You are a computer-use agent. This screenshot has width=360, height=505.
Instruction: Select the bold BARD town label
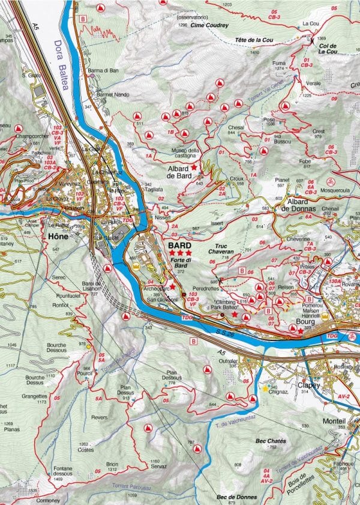click(x=179, y=246)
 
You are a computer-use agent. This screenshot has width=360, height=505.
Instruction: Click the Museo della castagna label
click(x=185, y=153)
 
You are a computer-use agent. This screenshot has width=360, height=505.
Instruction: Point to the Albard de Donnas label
click(x=305, y=205)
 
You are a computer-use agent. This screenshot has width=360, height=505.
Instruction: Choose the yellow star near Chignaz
click(x=265, y=389)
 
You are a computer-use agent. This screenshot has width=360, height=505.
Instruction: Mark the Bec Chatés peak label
click(x=270, y=441)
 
